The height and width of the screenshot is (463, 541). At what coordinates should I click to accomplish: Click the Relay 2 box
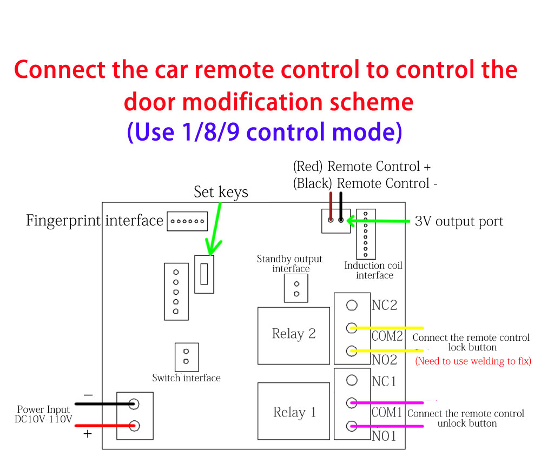coord(293,335)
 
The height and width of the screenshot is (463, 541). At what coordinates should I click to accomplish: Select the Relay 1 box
coord(293,413)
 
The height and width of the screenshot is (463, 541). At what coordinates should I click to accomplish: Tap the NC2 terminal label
coord(385,306)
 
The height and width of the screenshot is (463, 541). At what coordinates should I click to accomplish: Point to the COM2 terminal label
coord(387,336)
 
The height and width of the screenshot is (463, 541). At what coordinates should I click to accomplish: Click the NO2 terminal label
coord(385,360)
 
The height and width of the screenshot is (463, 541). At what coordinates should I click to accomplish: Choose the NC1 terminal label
coord(384,381)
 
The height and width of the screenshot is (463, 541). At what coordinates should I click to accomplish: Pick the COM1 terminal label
coord(387,413)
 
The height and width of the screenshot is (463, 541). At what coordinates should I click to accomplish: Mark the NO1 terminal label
coord(384,436)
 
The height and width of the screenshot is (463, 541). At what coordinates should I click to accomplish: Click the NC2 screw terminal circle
coord(352,306)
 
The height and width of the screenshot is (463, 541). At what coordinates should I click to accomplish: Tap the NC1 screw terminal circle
coord(352,380)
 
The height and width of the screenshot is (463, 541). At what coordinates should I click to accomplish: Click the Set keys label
coord(221,192)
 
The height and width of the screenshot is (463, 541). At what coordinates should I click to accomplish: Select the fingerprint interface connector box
coord(187,221)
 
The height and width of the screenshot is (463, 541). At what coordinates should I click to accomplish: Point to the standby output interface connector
coord(296,288)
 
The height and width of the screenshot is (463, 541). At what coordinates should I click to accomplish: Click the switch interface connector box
coord(187,357)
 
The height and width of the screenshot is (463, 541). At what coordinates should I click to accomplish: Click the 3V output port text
coord(459,222)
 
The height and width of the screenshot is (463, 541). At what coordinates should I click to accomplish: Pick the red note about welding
coord(473,361)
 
